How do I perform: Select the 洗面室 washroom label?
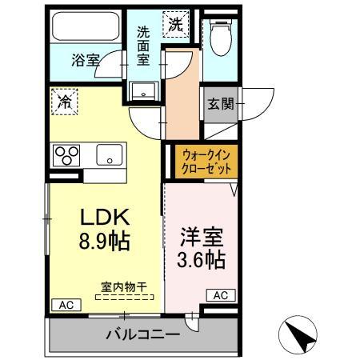[143, 46]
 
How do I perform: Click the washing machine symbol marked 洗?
[174, 25]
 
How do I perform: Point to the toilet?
[219, 36]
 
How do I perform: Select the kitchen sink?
[107, 154]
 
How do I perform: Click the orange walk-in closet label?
[207, 162]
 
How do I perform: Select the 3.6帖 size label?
[200, 259]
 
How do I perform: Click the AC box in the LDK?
[66, 305]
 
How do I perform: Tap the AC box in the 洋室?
[221, 295]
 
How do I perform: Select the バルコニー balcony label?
[143, 334]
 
